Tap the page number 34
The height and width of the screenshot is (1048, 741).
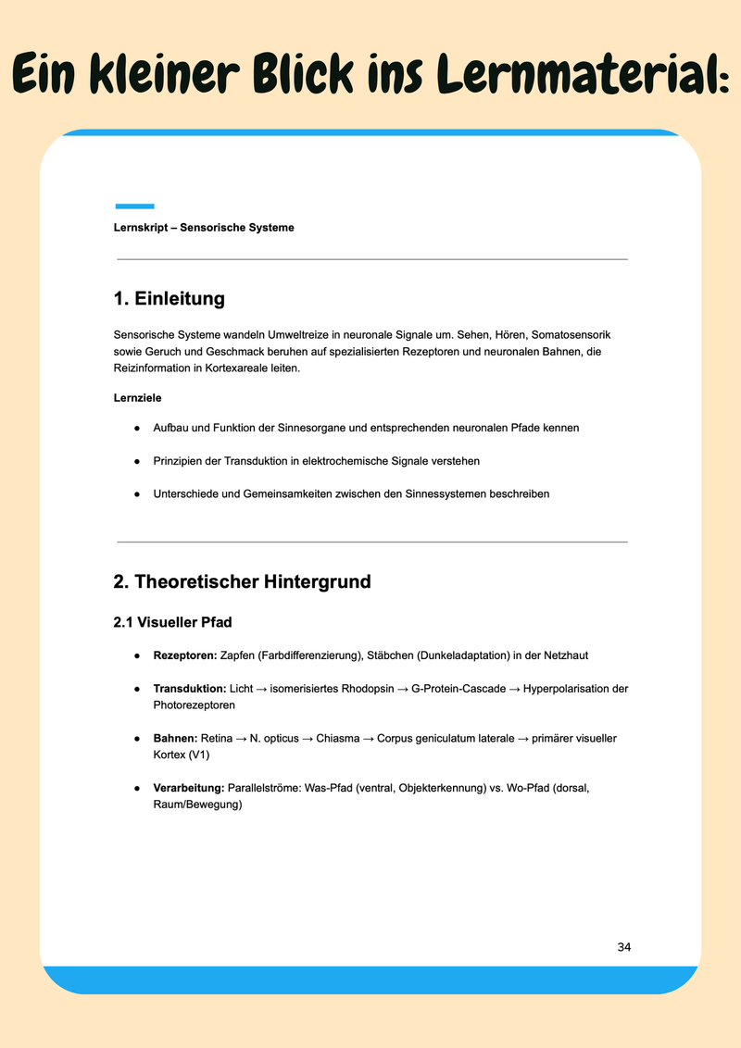pos(623,947)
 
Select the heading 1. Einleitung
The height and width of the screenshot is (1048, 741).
pos(169,299)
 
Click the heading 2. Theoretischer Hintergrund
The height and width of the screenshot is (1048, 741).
pos(242,581)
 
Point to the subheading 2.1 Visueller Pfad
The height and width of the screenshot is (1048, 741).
pos(180,623)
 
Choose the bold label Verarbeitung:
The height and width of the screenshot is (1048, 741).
pos(189,788)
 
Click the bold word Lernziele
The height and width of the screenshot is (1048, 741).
pos(138,398)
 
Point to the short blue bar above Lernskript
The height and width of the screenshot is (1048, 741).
pos(134,206)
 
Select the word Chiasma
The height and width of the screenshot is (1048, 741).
pos(339,738)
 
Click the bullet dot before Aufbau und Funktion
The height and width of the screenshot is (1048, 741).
pos(136,428)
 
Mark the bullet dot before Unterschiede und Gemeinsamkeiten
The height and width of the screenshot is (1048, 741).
pos(136,493)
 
